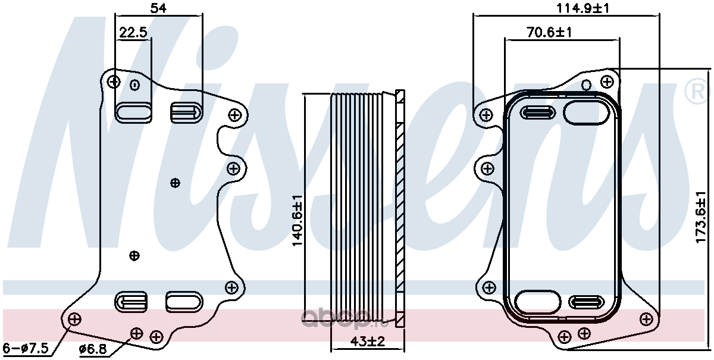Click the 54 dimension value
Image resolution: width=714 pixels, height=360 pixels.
coord(158,8)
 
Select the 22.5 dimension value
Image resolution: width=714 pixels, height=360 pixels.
coord(133,32)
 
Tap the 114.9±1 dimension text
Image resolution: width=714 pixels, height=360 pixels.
coord(583,8)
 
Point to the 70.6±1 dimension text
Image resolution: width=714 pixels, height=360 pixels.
coord(549,32)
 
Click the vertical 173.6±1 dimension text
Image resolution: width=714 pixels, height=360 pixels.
coord(701,217)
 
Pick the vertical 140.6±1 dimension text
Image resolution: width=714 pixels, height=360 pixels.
coord(297,220)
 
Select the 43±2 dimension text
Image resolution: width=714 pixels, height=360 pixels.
coord(368,342)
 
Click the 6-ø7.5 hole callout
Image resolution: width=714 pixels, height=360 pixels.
coord(26,348)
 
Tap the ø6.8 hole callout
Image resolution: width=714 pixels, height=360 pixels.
coord(93,349)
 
